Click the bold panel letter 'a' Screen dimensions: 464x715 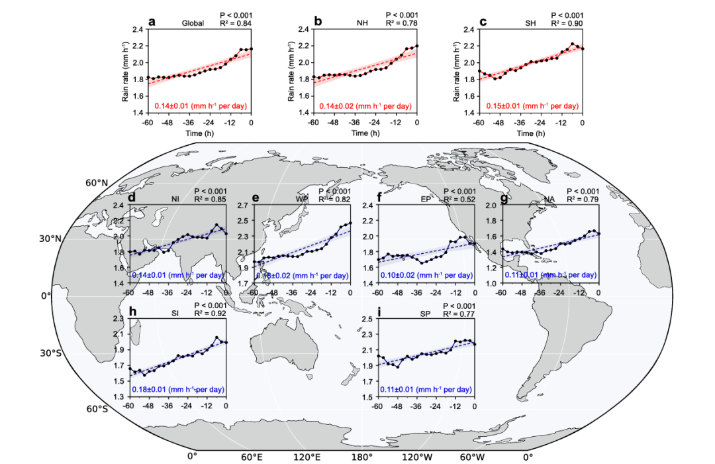tap(152, 22)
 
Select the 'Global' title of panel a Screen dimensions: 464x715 tap(193, 24)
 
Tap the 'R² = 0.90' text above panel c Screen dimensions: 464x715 tap(567, 24)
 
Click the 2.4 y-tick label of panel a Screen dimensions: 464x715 tap(136, 30)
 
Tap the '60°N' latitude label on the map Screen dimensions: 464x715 tap(97, 183)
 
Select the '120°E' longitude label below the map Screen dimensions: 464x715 tap(307, 457)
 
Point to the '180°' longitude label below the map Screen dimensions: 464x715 tap(361, 457)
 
